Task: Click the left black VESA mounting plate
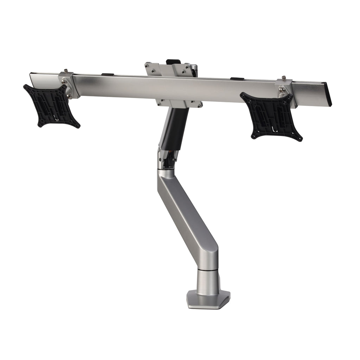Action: [51, 105]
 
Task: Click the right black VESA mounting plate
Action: [271, 116]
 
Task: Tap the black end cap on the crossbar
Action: [328, 94]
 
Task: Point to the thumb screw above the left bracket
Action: [65, 71]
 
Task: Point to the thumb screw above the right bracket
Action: [283, 78]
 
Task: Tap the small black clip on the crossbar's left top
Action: [108, 74]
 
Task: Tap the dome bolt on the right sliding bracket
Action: [282, 91]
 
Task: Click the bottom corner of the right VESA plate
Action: [299, 139]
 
